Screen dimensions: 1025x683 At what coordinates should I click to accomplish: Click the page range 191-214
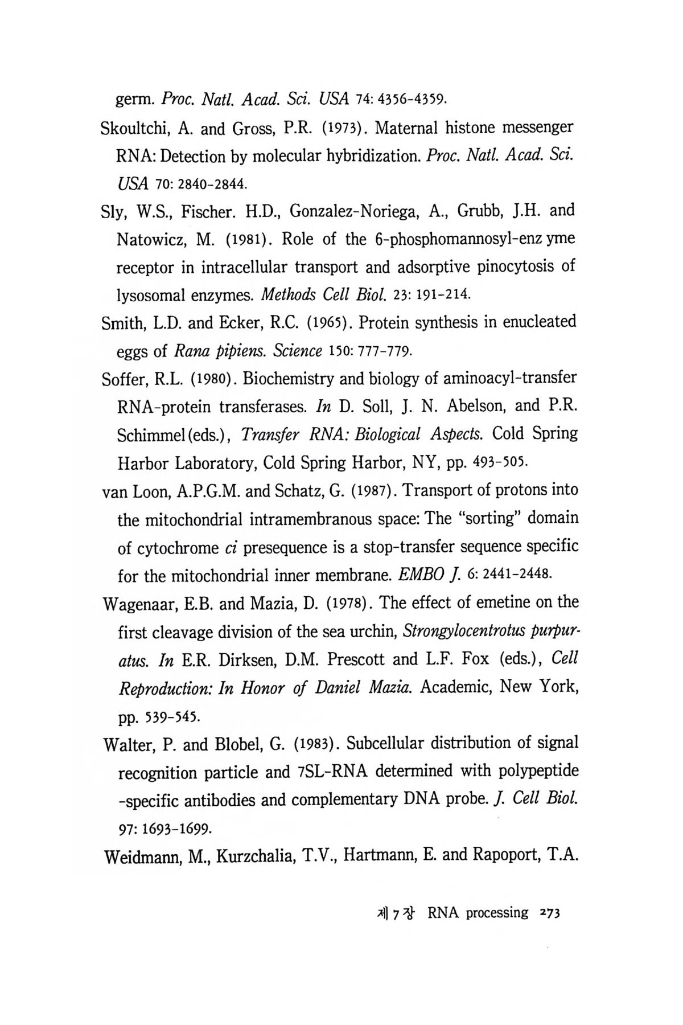click(x=444, y=295)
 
